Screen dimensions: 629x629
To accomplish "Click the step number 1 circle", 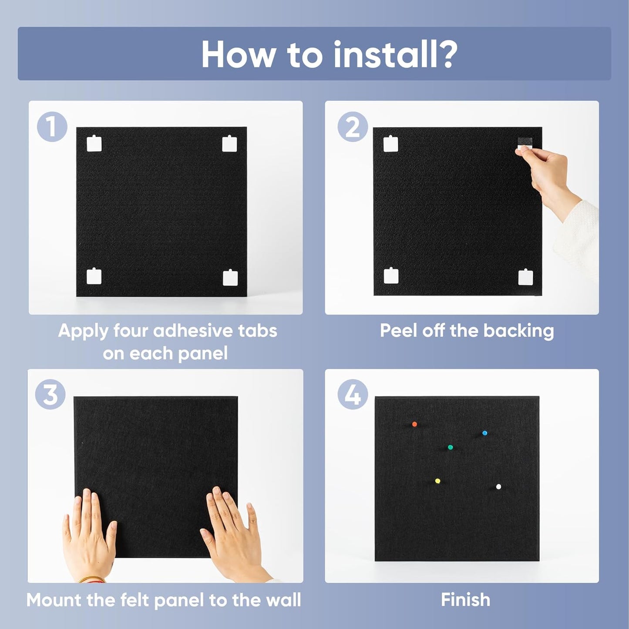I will pyautogui.click(x=52, y=127).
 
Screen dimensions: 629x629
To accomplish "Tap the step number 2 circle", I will pyautogui.click(x=353, y=127).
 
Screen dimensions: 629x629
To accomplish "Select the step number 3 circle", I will pyautogui.click(x=50, y=394).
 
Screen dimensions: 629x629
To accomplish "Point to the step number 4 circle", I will pyautogui.click(x=353, y=394).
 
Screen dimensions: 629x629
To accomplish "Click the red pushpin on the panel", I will pyautogui.click(x=414, y=424).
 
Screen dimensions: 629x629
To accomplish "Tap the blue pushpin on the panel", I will pyautogui.click(x=484, y=433).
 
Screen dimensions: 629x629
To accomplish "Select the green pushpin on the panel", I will pyautogui.click(x=450, y=447).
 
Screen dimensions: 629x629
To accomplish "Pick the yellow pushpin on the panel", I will pyautogui.click(x=437, y=481).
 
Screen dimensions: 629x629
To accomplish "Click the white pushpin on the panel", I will pyautogui.click(x=498, y=487).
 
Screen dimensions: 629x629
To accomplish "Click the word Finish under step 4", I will pyautogui.click(x=465, y=600).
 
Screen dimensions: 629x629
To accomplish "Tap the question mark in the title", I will pyautogui.click(x=445, y=54).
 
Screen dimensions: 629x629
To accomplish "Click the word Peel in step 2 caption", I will pyautogui.click(x=398, y=331).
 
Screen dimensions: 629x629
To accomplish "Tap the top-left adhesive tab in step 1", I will pyautogui.click(x=94, y=144).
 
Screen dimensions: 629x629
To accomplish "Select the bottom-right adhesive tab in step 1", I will pyautogui.click(x=230, y=277).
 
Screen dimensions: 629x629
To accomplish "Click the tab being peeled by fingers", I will pyautogui.click(x=524, y=145).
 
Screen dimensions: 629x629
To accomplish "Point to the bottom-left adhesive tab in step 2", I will pyautogui.click(x=391, y=275).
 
